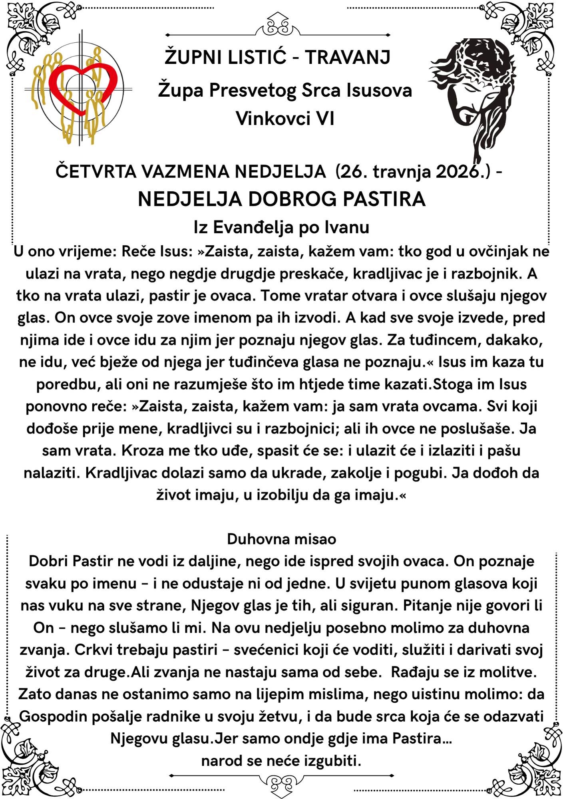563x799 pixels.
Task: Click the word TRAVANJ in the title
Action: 348,57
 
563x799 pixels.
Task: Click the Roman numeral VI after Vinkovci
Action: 325,119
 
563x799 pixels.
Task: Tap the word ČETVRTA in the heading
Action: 96,172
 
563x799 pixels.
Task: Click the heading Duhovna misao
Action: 281,539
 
